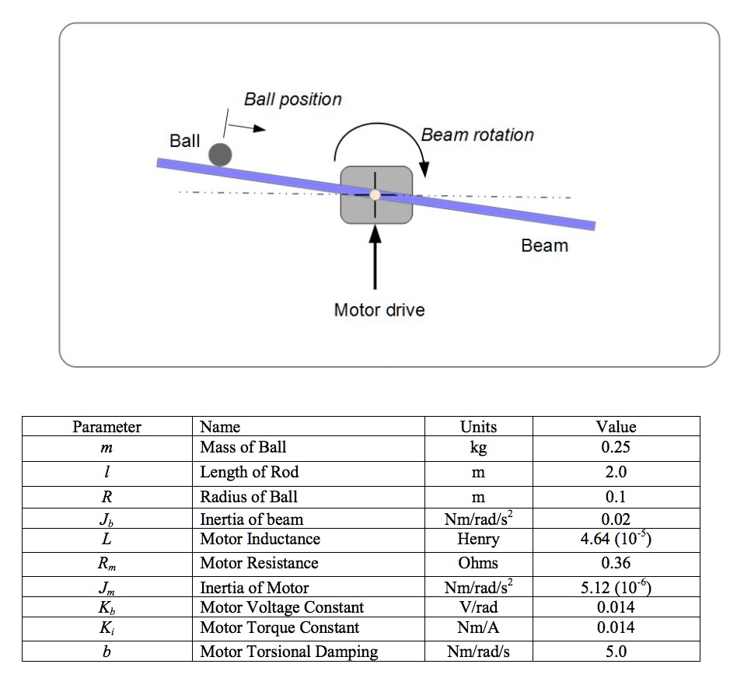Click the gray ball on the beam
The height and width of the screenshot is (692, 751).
click(221, 154)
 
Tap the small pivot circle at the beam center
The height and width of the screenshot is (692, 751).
click(375, 194)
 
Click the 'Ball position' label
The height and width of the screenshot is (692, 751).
click(292, 100)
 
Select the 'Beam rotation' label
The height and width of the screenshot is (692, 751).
click(477, 135)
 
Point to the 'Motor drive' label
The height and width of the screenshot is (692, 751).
click(379, 310)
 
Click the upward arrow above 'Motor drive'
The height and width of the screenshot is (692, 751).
click(376, 257)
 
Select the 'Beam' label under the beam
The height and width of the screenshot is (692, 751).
click(544, 246)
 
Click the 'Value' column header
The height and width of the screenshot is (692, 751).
click(616, 426)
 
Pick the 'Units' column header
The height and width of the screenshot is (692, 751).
click(478, 426)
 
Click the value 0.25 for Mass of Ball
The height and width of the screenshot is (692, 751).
click(616, 447)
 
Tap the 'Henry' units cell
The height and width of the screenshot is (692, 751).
click(478, 539)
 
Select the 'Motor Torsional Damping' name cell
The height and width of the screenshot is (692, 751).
click(288, 652)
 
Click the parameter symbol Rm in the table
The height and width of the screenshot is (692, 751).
click(107, 564)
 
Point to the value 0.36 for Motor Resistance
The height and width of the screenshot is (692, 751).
click(616, 563)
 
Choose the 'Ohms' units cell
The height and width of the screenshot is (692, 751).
click(478, 563)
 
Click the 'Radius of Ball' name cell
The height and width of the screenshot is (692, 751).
click(249, 497)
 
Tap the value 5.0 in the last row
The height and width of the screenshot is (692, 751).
click(616, 652)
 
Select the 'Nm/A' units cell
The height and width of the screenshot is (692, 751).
click(478, 627)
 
